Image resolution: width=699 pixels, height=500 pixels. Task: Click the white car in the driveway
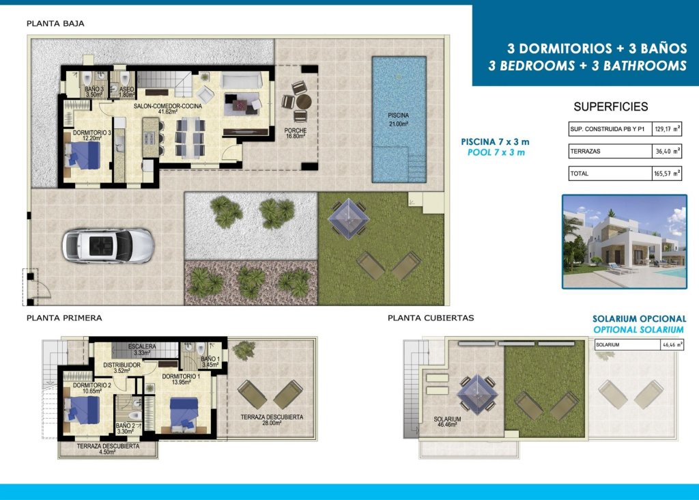(x=108, y=245)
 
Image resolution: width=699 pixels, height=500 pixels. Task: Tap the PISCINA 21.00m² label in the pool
(x=398, y=120)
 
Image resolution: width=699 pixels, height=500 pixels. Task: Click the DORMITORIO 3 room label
(x=92, y=135)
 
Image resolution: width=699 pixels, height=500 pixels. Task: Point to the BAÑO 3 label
(x=94, y=92)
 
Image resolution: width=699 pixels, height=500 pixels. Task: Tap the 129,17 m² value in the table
(x=667, y=129)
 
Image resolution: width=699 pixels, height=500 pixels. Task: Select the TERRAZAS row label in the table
(x=585, y=151)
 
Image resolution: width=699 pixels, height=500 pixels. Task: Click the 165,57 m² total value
(x=667, y=173)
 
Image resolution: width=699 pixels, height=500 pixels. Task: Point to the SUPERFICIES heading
(x=610, y=107)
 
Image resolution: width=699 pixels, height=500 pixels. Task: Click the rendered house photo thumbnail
(x=624, y=241)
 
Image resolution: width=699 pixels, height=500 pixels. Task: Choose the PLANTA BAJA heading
(x=55, y=24)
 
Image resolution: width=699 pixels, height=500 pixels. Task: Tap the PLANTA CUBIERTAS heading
(x=431, y=318)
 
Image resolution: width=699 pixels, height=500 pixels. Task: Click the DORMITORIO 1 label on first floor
(x=181, y=379)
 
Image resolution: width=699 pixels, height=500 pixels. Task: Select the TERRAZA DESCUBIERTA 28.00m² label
(x=272, y=420)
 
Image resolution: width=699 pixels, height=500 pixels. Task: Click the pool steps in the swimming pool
(x=416, y=165)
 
